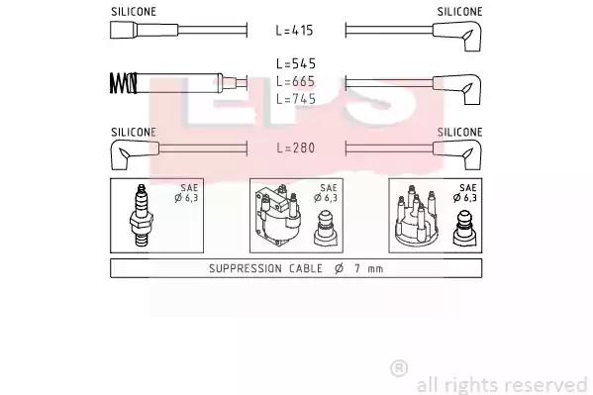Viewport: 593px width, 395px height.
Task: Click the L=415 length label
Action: point(294,31)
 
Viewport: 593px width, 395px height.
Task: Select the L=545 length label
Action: point(296,63)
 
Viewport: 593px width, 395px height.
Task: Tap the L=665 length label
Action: point(296,81)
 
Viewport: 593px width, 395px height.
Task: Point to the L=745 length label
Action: point(296,99)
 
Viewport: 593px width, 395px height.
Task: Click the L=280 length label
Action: point(296,148)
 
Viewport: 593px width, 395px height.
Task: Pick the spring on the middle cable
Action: point(123,83)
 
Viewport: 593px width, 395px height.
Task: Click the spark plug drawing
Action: point(141,216)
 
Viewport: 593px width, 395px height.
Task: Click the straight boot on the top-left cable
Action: point(145,30)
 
